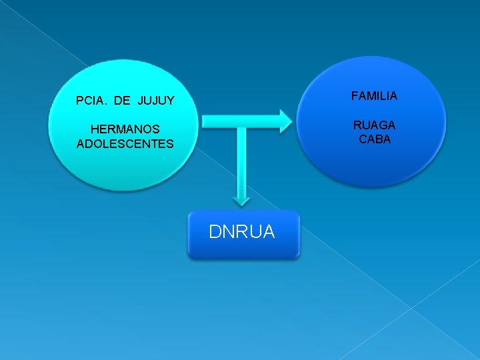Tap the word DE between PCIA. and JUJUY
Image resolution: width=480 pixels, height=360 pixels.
click(123, 101)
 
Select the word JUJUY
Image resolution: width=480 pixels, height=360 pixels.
click(156, 101)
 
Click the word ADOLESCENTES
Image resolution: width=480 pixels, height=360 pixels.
click(125, 143)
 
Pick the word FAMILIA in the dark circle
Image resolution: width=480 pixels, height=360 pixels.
click(374, 96)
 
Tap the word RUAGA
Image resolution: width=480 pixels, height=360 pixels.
click(374, 125)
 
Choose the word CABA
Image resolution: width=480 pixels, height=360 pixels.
click(374, 139)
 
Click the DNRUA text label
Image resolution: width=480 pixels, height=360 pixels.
click(241, 231)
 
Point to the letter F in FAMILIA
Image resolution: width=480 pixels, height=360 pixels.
click(354, 96)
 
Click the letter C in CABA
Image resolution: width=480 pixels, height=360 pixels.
click(362, 139)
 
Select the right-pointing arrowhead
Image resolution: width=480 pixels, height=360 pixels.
click(285, 120)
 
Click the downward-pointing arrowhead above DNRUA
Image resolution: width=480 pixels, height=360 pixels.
click(242, 199)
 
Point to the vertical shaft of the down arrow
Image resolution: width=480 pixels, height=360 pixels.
click(242, 160)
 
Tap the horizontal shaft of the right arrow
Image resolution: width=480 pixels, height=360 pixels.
click(240, 121)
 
